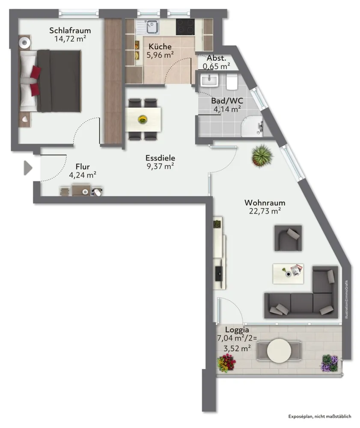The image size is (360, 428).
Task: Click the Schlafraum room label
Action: point(70,30)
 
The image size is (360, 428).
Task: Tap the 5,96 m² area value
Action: point(160,55)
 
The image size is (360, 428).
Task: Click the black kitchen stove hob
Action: point(185,27)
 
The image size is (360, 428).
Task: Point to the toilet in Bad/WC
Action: point(232,82)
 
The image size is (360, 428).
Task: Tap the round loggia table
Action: point(279,351)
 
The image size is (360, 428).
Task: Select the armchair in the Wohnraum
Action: point(288,238)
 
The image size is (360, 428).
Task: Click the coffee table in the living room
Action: point(288,273)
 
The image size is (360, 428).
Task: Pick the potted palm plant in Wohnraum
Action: point(262,156)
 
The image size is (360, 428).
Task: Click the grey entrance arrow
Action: point(28,168)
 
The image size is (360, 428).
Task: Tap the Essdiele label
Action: point(160,158)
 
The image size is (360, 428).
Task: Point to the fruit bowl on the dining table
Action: point(143,119)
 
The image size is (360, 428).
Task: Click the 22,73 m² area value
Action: point(265,211)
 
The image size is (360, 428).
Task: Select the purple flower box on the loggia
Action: point(330,363)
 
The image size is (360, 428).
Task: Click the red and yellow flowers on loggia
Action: point(226,363)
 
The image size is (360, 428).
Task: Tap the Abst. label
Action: point(217,58)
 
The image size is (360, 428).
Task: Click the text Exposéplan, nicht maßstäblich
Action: point(320,416)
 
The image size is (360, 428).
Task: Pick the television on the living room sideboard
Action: point(219,274)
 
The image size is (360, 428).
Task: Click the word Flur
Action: point(83,166)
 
